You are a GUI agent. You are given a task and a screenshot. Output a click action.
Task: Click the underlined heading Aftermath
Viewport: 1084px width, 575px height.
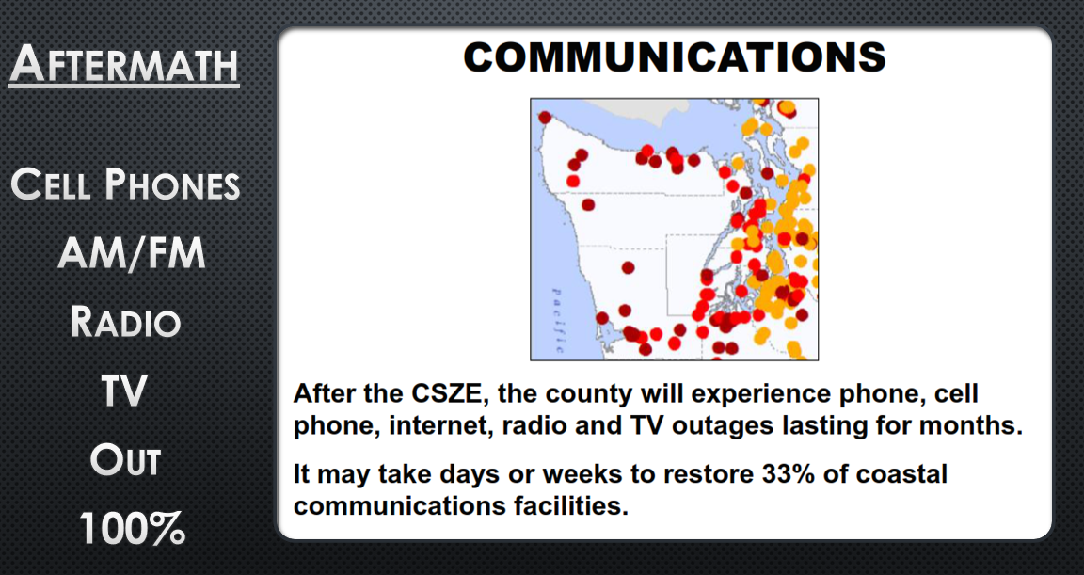pyautogui.click(x=124, y=65)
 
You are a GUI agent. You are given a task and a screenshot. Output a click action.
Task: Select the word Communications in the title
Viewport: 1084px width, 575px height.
pyautogui.click(x=674, y=57)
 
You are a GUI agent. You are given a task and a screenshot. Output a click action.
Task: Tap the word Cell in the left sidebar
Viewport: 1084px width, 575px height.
pyautogui.click(x=51, y=184)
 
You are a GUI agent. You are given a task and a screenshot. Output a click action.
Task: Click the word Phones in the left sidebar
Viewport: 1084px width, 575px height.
pyautogui.click(x=172, y=184)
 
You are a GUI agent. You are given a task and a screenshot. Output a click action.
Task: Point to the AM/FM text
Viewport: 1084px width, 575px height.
pyautogui.click(x=132, y=253)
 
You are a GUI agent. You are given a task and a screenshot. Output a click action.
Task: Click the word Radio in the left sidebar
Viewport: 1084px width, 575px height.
pyautogui.click(x=125, y=322)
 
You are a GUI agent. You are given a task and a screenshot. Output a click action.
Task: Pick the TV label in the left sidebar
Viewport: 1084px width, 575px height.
pyautogui.click(x=124, y=391)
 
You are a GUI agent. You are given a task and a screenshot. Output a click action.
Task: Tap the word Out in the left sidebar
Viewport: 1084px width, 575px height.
pyautogui.click(x=125, y=460)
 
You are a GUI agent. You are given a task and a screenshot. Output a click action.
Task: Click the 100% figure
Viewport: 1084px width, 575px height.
pyautogui.click(x=132, y=530)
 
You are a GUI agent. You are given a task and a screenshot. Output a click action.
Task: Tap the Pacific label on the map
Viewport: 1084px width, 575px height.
pyautogui.click(x=557, y=321)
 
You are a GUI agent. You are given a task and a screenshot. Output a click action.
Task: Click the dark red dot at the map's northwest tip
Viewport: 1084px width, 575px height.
pyautogui.click(x=545, y=118)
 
